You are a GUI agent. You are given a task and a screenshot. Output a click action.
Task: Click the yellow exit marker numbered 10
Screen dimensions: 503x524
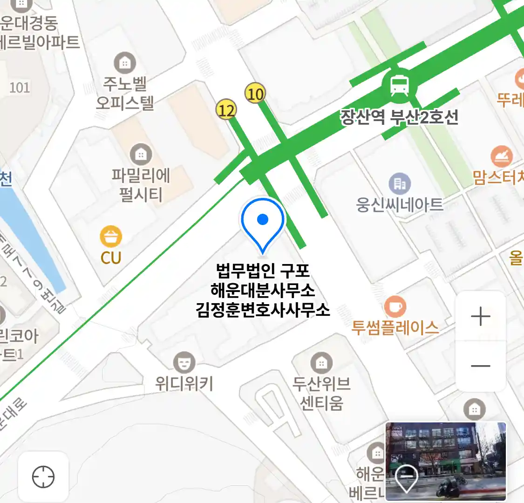coord(255,94)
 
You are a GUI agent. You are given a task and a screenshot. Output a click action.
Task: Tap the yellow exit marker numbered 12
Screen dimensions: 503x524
coord(226,110)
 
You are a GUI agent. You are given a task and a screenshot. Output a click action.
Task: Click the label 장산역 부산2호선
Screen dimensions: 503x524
coord(399,117)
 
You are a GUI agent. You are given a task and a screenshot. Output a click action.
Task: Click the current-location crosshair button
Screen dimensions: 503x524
coord(43,477)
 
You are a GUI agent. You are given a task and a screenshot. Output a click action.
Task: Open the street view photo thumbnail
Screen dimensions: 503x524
coord(445,461)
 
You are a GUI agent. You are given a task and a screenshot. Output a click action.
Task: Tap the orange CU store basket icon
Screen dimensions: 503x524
coord(111,237)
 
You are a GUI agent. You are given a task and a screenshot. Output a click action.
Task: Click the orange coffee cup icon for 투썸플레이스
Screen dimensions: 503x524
coord(395,307)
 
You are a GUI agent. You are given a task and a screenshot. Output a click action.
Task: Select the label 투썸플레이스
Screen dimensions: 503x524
coord(395,327)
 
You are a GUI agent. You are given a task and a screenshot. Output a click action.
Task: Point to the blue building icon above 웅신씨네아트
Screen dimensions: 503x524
coord(399,184)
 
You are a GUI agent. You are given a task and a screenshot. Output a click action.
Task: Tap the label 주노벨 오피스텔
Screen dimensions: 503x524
coord(125,93)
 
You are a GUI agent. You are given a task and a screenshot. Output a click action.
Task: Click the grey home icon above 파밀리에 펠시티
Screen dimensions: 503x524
coord(141,154)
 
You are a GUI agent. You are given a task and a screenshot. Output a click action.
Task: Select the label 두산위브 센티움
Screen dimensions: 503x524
coord(321,393)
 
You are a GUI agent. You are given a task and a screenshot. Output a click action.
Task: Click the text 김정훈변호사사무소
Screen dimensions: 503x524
coord(263,310)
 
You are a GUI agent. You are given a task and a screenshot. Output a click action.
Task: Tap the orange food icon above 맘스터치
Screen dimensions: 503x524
coord(501,157)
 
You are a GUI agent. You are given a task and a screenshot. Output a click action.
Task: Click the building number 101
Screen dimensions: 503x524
coord(20,88)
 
